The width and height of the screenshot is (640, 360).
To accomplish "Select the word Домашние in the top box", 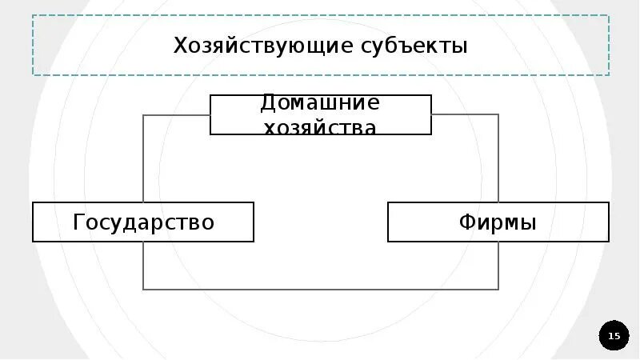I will (x=320, y=104).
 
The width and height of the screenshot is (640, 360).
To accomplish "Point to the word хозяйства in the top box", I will (x=320, y=126).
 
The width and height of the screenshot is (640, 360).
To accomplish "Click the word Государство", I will (x=144, y=222).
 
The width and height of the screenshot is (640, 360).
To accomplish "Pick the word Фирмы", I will (x=498, y=222).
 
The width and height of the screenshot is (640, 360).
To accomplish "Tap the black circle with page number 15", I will (x=614, y=336).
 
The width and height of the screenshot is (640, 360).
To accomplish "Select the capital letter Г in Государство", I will (x=78, y=222).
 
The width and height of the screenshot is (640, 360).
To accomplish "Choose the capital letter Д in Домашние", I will (x=269, y=104).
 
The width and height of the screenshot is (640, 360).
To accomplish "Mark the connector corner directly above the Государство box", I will (x=143, y=115).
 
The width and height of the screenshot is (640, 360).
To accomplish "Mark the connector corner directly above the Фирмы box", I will (x=498, y=115).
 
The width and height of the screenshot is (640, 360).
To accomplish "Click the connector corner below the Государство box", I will (x=143, y=289).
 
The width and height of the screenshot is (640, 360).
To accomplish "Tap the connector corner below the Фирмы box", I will (x=498, y=289).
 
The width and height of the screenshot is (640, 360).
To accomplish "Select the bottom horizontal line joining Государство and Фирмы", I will (x=320, y=289).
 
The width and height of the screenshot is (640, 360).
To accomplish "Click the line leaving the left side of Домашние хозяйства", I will (x=176, y=115).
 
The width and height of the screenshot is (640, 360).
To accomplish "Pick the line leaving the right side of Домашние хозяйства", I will (x=464, y=115).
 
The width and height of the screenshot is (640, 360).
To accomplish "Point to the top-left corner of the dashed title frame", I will (x=33, y=15).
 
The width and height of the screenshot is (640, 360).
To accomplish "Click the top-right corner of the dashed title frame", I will (x=609, y=15).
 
